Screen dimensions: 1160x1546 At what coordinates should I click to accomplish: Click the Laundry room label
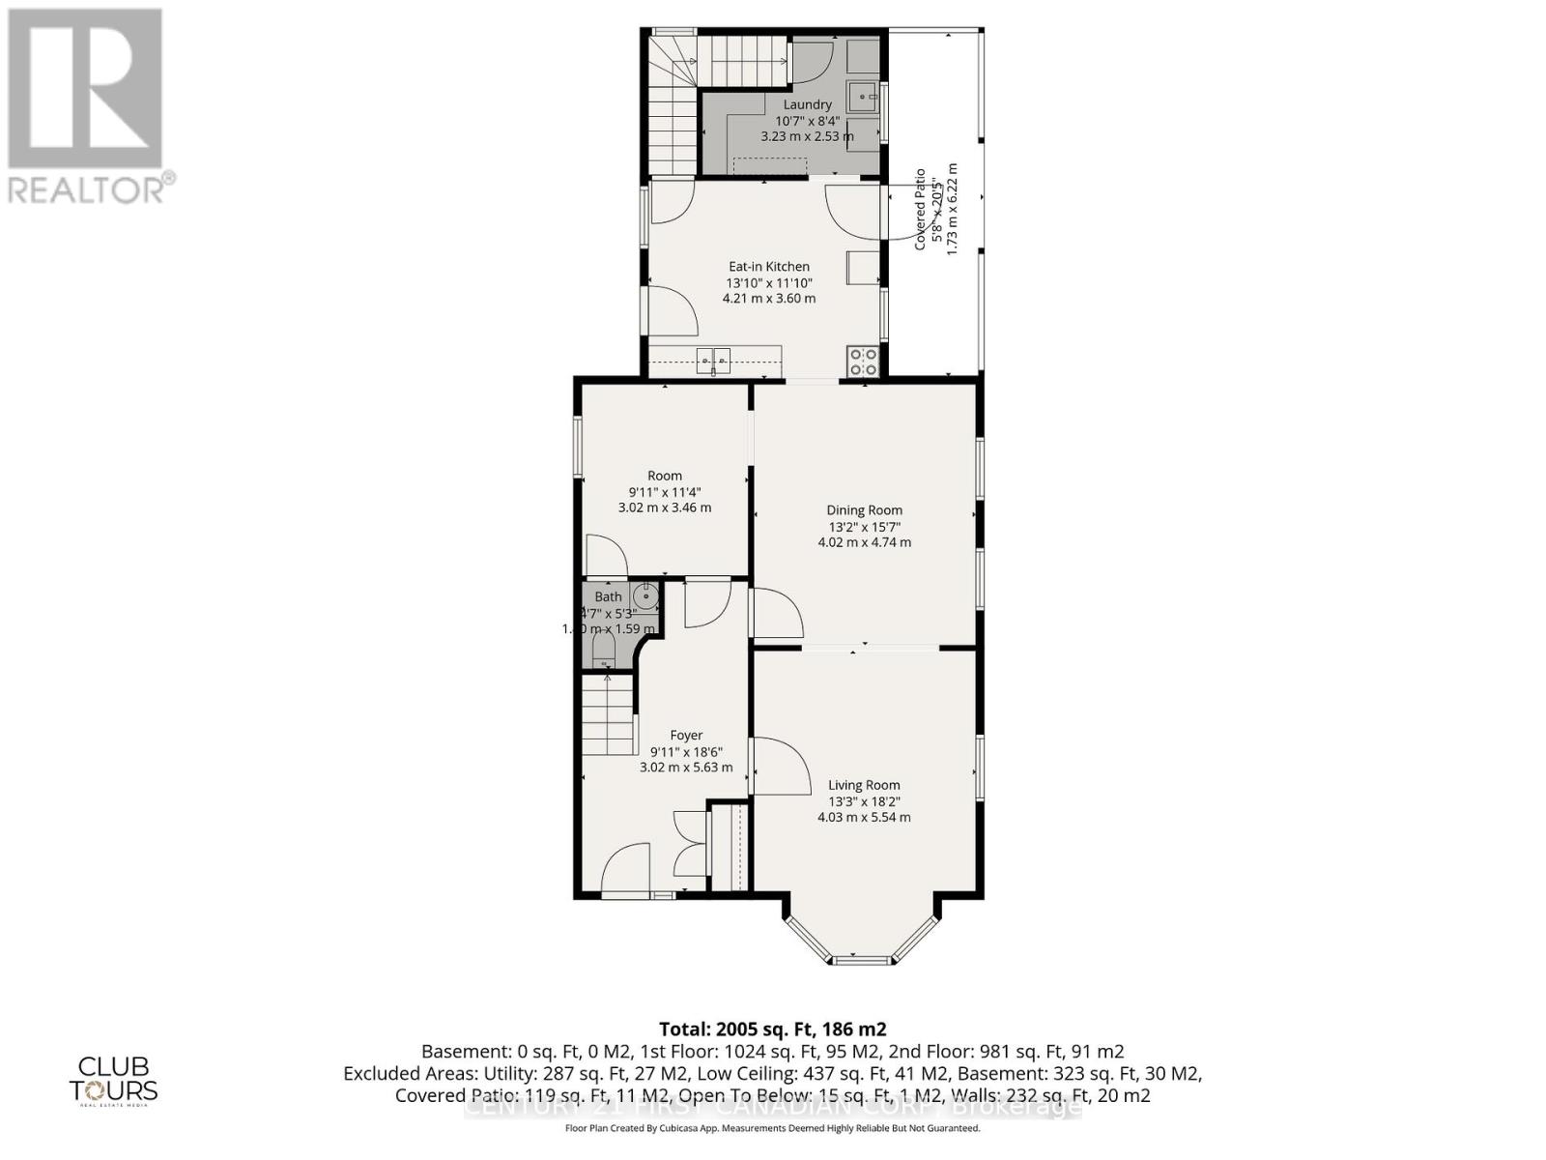[x=807, y=104]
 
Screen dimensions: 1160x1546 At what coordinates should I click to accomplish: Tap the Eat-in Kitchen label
[x=769, y=267]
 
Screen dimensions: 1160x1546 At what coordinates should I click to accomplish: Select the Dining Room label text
[x=864, y=510]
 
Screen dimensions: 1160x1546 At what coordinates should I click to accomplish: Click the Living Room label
[x=864, y=785]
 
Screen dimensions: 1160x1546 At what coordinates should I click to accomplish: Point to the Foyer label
[x=686, y=736]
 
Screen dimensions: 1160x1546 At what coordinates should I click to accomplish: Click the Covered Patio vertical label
[x=920, y=209]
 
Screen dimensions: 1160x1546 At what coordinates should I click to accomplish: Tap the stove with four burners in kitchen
[x=863, y=362]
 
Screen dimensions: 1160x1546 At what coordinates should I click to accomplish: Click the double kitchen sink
[x=714, y=360]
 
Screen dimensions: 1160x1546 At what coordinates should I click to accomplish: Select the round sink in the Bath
[x=645, y=595]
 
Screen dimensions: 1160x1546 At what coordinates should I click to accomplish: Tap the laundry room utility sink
[x=861, y=97]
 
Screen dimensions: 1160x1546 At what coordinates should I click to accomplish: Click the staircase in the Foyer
[x=606, y=715]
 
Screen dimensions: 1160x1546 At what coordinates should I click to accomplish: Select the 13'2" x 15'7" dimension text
[x=864, y=527]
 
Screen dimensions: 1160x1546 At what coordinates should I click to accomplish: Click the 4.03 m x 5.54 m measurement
[x=864, y=817]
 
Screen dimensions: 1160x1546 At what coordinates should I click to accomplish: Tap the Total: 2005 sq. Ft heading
[x=772, y=1029]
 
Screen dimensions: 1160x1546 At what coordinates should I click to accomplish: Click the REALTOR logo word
[x=87, y=188]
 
